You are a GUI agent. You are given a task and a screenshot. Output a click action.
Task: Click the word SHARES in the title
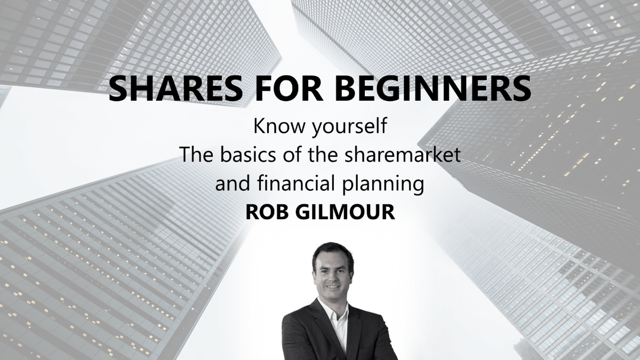point(175,89)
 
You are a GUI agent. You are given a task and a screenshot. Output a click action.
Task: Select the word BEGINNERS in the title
point(433,89)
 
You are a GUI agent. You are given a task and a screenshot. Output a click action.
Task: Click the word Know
point(279,126)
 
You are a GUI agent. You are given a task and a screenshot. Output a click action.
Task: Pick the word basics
point(248,155)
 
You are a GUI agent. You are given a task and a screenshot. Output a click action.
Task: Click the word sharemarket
point(403,155)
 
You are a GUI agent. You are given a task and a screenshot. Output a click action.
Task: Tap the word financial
point(295,183)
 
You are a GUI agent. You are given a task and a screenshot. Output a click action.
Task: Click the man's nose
point(332,277)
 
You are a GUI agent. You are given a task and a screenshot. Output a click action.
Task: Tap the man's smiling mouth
point(333,286)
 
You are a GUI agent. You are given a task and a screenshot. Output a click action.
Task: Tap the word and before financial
point(233,183)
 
